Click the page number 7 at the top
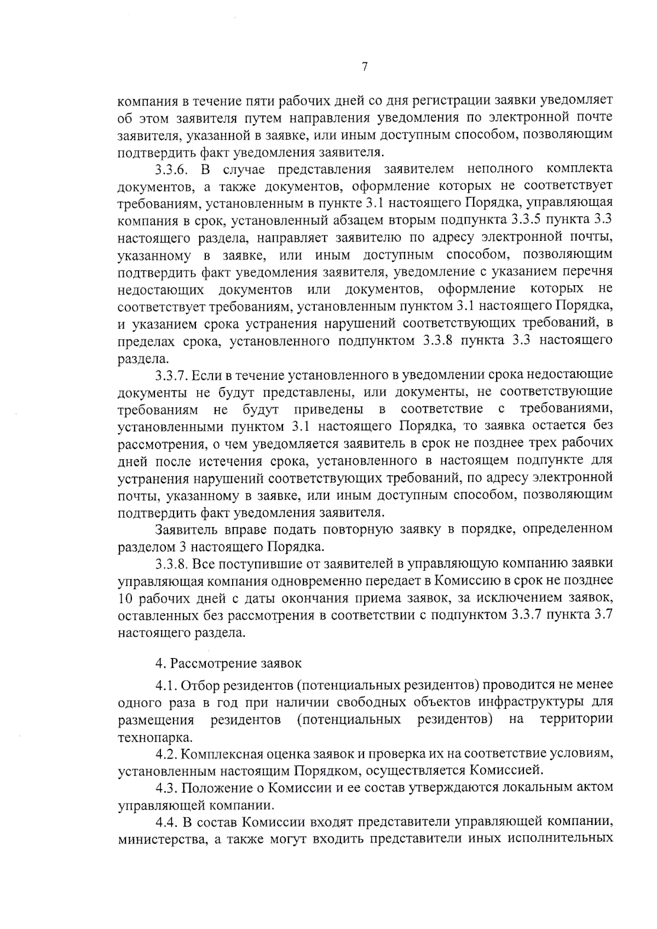coord(365,67)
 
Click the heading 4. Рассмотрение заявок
coord(228,663)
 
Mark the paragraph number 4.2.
coord(166,754)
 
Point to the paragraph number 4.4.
coord(166,822)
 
